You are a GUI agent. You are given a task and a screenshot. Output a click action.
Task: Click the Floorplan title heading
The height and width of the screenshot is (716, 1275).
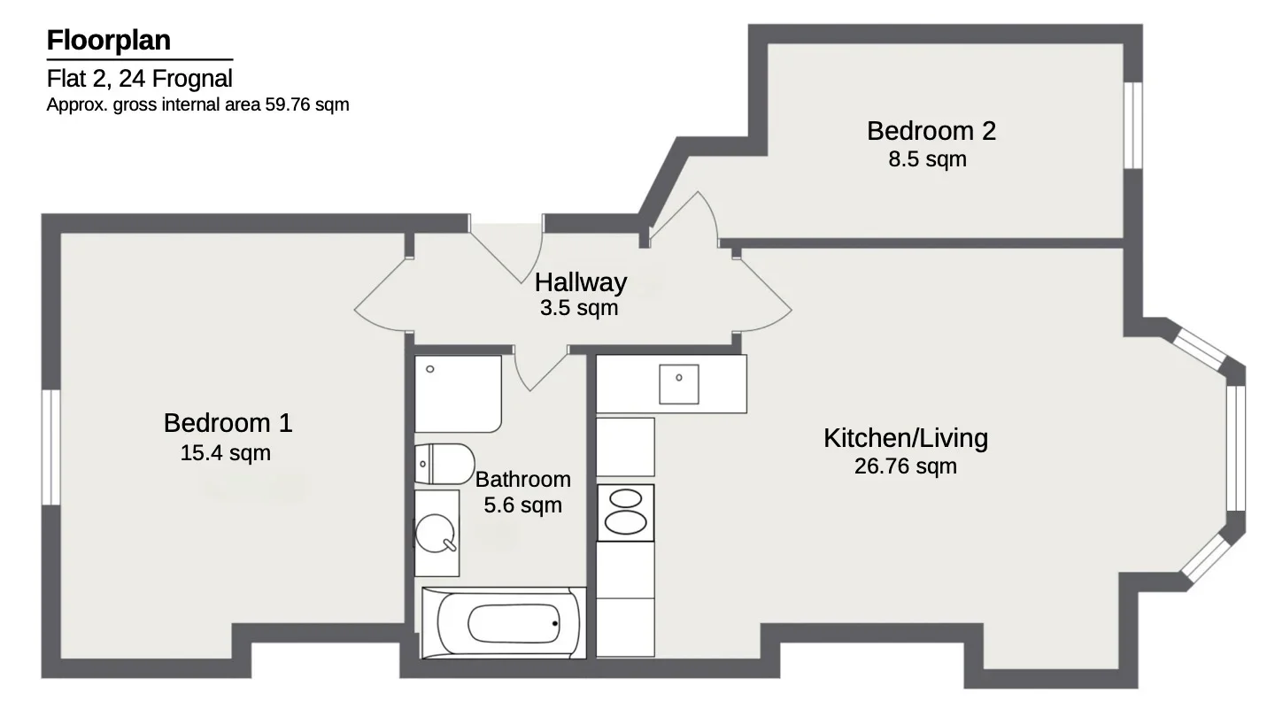pyautogui.click(x=109, y=41)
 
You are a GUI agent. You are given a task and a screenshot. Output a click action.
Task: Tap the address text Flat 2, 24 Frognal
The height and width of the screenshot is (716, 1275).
pyautogui.click(x=140, y=79)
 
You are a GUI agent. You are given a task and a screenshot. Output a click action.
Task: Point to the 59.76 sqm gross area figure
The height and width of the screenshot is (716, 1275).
pyautogui.click(x=307, y=104)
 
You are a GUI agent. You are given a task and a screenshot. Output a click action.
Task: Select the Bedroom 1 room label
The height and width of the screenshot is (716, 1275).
pyautogui.click(x=228, y=423)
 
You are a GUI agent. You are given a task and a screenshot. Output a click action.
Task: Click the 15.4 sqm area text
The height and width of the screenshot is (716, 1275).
pyautogui.click(x=226, y=453)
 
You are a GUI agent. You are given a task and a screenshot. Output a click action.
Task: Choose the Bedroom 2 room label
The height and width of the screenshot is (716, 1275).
pyautogui.click(x=931, y=131)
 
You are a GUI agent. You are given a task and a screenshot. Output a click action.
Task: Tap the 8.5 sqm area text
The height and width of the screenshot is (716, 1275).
pyautogui.click(x=927, y=158)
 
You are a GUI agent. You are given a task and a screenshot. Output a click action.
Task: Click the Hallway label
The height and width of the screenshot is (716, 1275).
pyautogui.click(x=581, y=282)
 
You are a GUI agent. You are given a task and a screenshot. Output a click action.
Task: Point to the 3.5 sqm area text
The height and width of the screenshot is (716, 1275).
pyautogui.click(x=579, y=308)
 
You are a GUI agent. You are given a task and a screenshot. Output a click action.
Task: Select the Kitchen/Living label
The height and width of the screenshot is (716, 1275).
pyautogui.click(x=906, y=438)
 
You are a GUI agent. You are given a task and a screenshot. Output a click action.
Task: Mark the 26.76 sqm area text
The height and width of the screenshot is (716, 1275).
pyautogui.click(x=906, y=466)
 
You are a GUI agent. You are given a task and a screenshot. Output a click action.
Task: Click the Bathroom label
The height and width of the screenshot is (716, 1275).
pyautogui.click(x=523, y=479)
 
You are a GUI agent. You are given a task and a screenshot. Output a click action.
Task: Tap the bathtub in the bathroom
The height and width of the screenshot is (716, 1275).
pyautogui.click(x=504, y=623)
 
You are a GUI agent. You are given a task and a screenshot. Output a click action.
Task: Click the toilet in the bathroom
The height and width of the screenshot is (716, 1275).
pyautogui.click(x=444, y=464)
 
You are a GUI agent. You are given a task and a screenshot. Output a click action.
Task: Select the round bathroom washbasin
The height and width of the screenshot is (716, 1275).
pyautogui.click(x=436, y=534)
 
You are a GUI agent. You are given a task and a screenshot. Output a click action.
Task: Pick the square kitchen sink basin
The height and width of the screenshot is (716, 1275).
pyautogui.click(x=678, y=385)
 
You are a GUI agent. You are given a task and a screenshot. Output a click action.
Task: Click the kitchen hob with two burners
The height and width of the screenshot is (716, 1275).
pyautogui.click(x=625, y=512)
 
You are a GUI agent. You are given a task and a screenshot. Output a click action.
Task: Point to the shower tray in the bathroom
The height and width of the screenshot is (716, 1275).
pyautogui.click(x=459, y=394)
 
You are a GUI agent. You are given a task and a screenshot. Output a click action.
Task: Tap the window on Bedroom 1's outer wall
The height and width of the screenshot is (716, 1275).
pyautogui.click(x=51, y=447)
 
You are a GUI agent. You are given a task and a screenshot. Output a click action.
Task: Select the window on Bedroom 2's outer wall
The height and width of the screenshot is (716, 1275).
pyautogui.click(x=1133, y=125)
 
